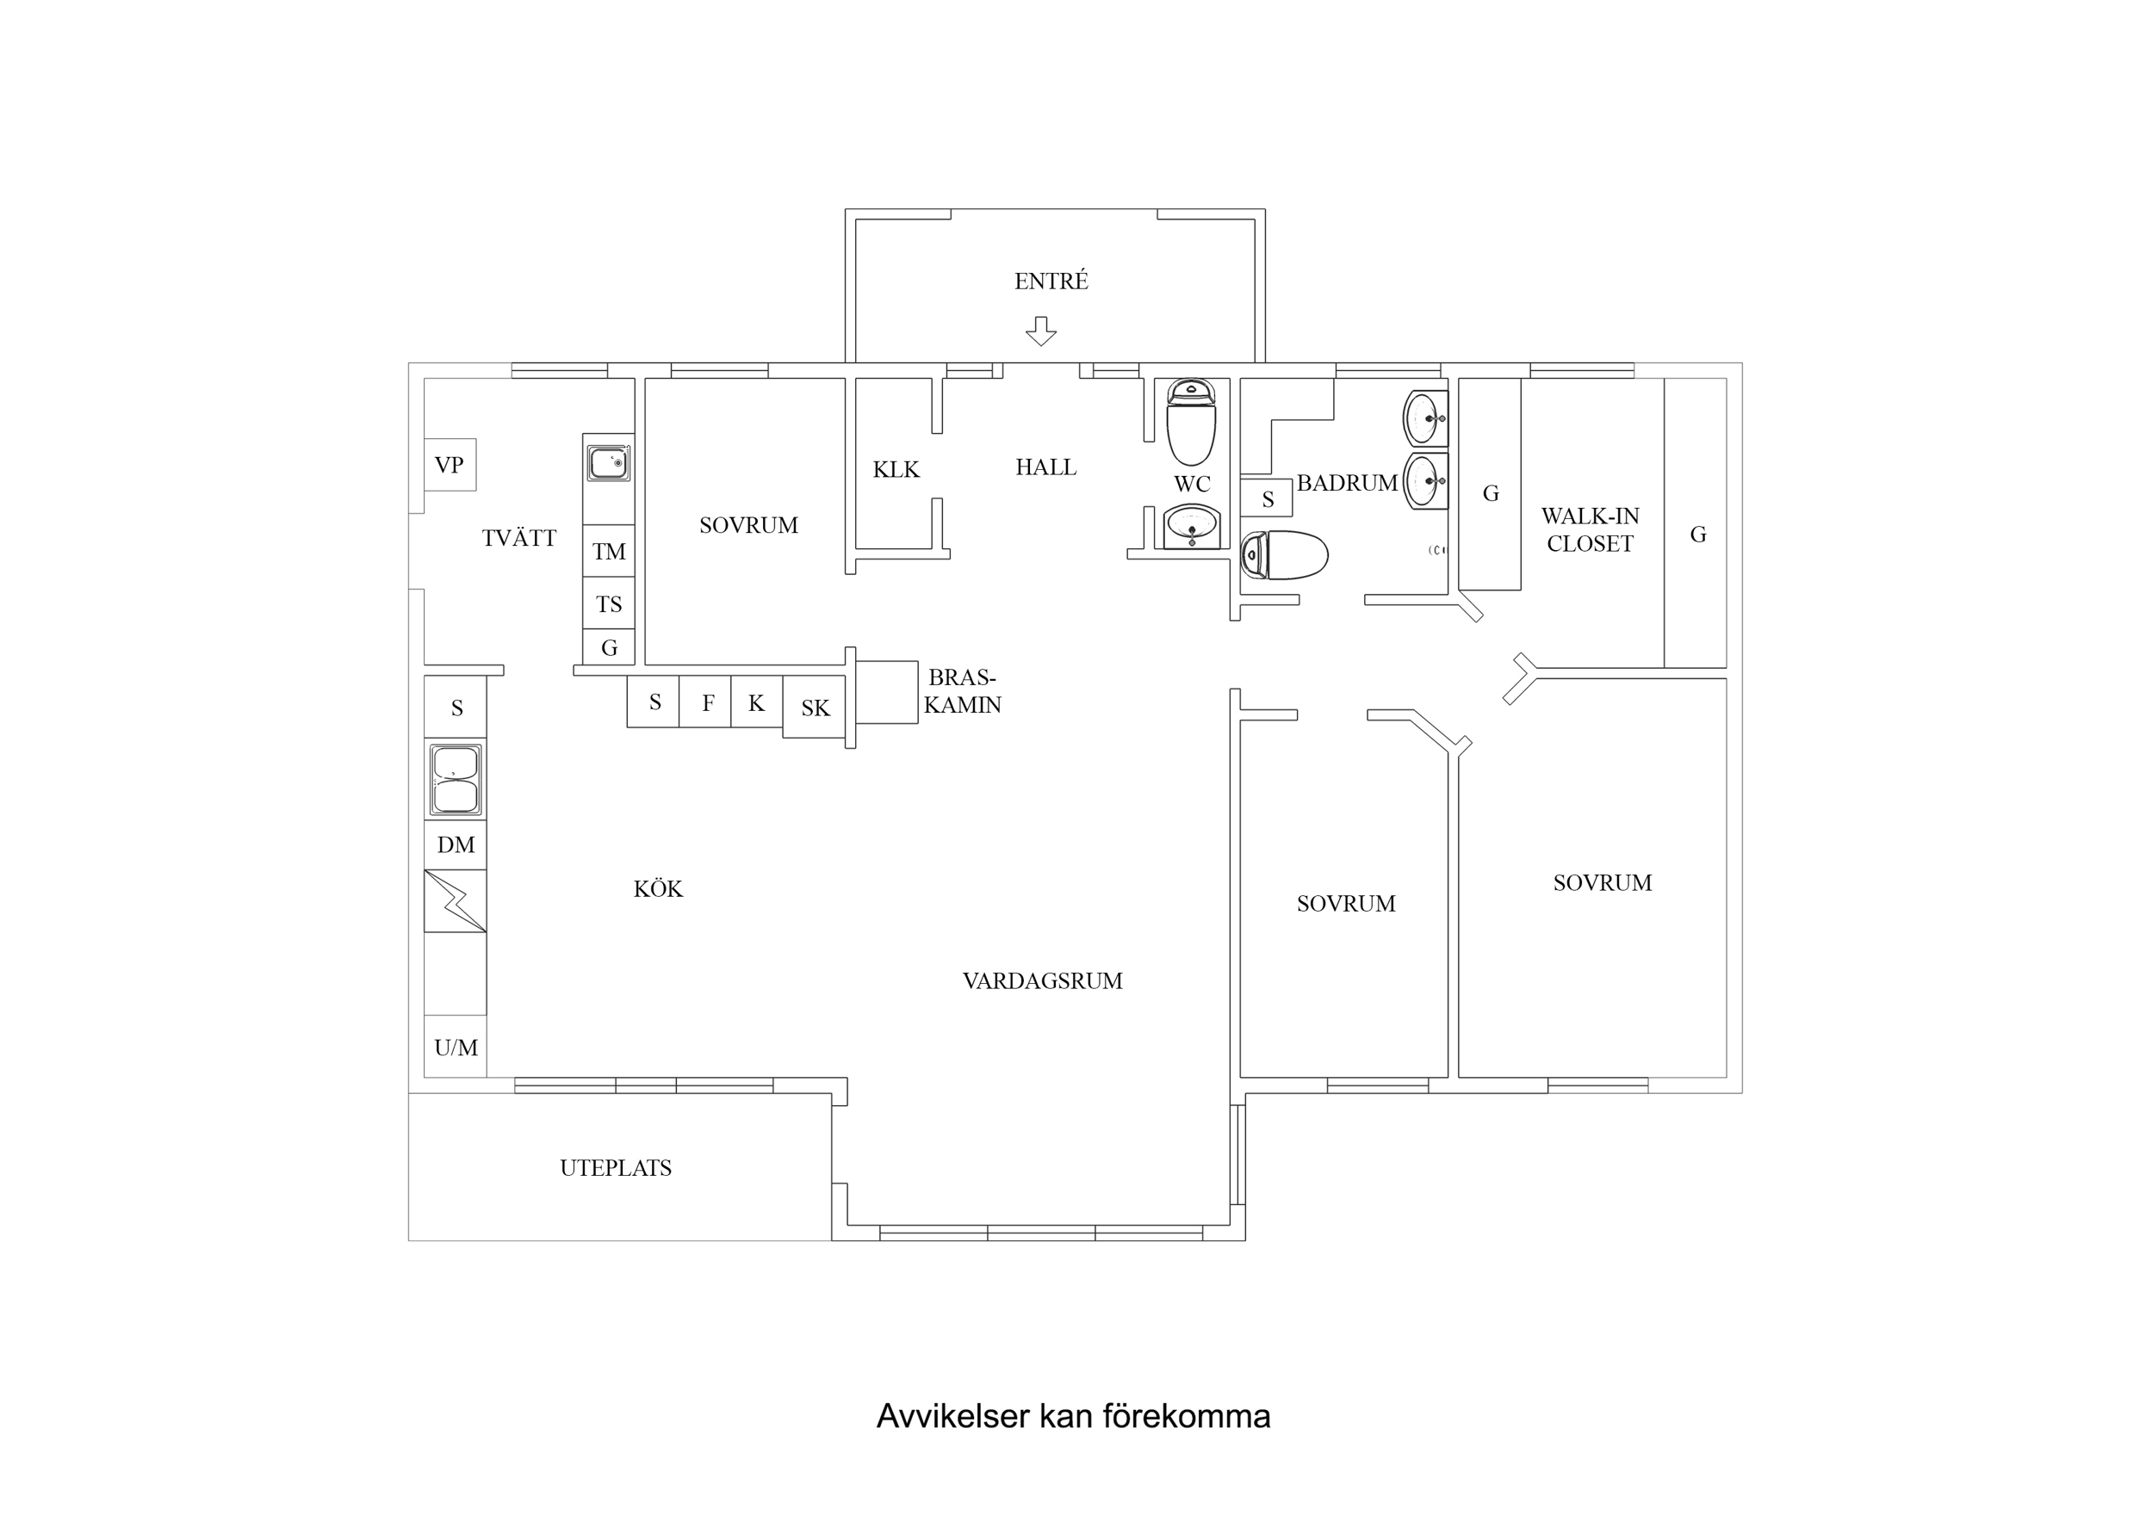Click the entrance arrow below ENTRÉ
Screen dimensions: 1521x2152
coord(1040,331)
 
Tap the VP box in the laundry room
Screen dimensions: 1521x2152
coord(450,465)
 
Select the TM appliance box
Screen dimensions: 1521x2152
coord(608,551)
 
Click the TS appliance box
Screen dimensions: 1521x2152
coord(608,603)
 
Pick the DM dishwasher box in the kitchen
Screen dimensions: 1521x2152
coord(456,844)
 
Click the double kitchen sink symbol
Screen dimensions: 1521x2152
coord(456,779)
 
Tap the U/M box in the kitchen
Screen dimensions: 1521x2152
coord(456,1048)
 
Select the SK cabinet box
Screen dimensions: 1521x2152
coord(815,708)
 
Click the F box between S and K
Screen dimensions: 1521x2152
coord(708,702)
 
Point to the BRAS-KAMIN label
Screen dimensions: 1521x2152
coord(963,690)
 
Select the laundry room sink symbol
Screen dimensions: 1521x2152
coord(608,463)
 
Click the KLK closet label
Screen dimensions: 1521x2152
coord(896,469)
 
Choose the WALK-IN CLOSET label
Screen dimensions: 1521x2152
coord(1590,529)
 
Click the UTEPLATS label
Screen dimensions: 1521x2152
coord(616,1168)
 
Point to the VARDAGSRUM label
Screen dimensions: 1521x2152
coord(1042,981)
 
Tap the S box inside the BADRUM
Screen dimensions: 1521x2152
coord(1268,499)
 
